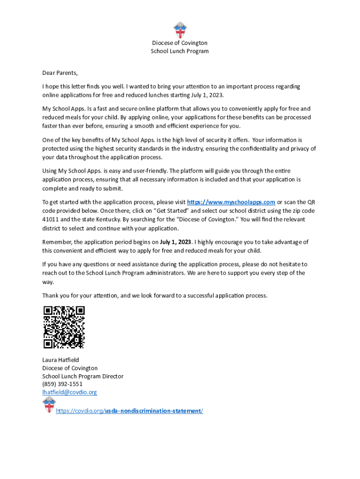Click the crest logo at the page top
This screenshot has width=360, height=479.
[180, 30]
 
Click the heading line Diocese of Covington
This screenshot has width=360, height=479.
[180, 43]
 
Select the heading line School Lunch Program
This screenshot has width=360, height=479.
[180, 51]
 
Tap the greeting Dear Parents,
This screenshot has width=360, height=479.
[60, 73]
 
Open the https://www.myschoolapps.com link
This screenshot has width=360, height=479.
[231, 202]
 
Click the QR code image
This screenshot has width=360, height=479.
[64, 327]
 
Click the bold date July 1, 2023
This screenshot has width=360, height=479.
[175, 242]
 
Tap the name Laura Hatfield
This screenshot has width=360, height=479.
[61, 360]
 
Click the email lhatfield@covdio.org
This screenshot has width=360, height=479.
[70, 392]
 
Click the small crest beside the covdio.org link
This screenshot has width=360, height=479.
[48, 405]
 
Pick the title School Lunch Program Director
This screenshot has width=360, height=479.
[83, 376]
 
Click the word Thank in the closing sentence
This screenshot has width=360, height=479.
[50, 296]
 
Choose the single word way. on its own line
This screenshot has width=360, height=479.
[48, 282]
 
